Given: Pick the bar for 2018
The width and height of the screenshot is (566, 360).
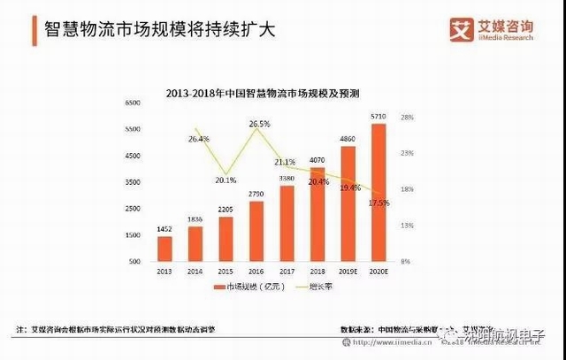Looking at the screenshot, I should click(x=317, y=215).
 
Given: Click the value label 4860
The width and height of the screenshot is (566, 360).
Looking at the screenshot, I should click(x=348, y=139).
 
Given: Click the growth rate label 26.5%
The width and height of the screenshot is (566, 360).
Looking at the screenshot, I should click(x=259, y=124).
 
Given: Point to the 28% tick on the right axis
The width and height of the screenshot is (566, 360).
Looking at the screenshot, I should click(x=408, y=117).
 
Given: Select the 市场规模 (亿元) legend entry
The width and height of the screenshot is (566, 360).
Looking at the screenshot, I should click(x=241, y=288).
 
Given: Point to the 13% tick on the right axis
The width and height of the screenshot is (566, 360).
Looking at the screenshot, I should click(x=408, y=226).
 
